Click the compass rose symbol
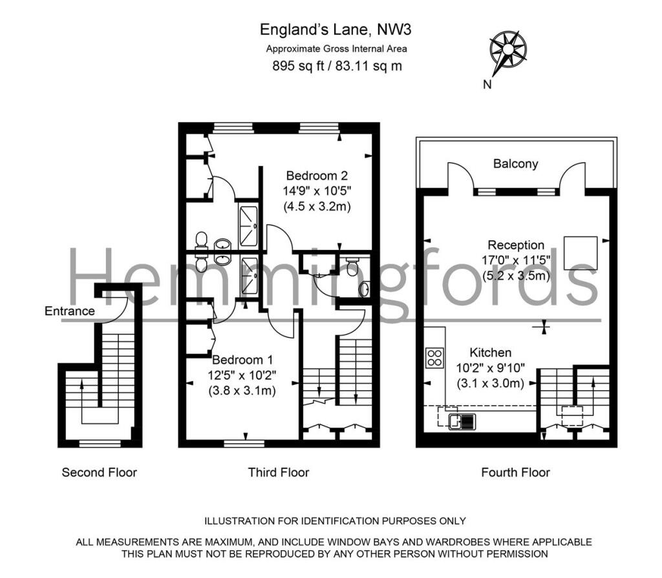(x=508, y=50)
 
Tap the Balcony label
(x=515, y=163)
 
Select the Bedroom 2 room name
(x=317, y=176)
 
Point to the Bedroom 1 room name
(x=242, y=360)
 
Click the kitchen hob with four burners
(x=434, y=357)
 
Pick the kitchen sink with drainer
(x=462, y=422)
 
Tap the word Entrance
(x=70, y=311)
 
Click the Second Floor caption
(x=100, y=472)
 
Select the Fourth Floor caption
(x=515, y=472)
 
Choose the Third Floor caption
(x=279, y=472)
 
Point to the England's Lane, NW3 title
(x=336, y=30)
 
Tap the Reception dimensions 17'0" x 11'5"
(x=516, y=260)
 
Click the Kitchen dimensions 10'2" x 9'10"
(x=490, y=368)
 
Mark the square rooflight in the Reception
(x=581, y=253)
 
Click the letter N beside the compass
(x=487, y=85)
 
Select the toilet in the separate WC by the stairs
(x=352, y=267)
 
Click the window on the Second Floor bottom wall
(x=100, y=444)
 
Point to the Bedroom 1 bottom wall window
(x=244, y=444)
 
